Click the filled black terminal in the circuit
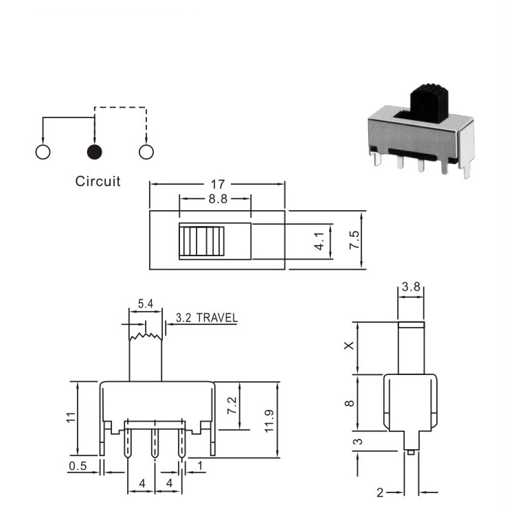95,152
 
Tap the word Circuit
98,181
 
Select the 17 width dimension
217,185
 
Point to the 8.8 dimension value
218,198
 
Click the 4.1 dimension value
319,241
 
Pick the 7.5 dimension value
354,240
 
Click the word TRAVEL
217,318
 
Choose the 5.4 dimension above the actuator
146,304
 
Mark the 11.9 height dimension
269,421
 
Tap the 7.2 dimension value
232,406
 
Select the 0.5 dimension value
78,466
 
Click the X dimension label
349,345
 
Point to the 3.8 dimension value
411,287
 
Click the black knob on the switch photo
429,103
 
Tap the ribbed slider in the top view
202,241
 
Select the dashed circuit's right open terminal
146,152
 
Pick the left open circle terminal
43,152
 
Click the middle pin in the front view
155,443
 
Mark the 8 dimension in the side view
349,403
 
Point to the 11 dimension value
71,418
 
